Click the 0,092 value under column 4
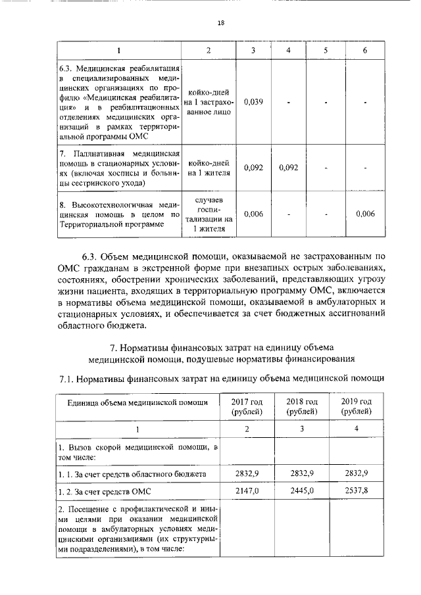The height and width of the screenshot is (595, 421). coord(288,168)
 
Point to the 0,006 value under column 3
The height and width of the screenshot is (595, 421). coord(253,214)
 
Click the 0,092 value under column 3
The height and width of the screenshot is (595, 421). coord(253,168)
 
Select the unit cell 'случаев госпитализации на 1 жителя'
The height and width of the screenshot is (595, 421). coord(209,214)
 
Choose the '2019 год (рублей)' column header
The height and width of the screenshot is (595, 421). coord(357,406)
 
